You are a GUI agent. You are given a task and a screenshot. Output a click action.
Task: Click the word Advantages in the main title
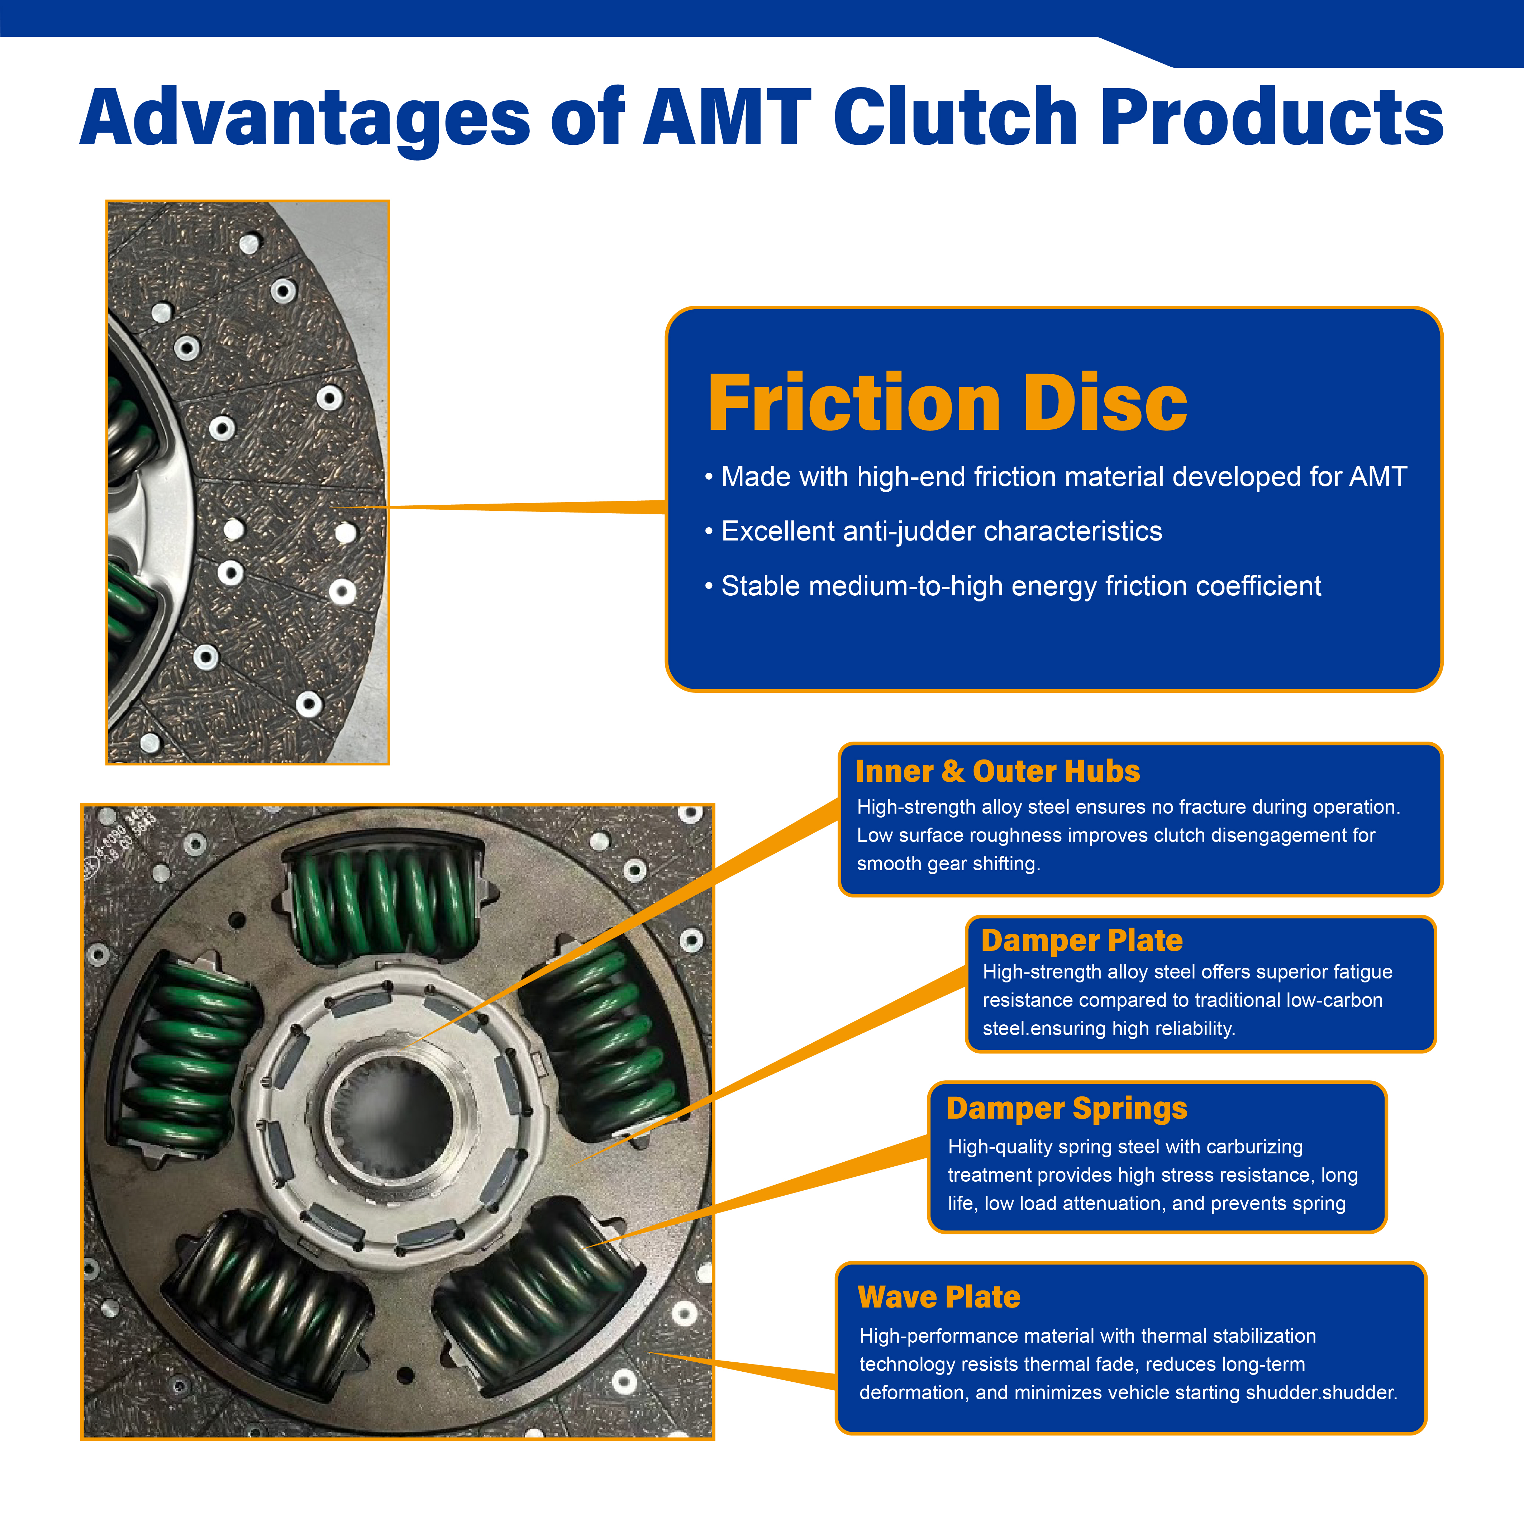[305, 118]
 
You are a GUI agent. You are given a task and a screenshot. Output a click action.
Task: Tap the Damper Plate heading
[1081, 940]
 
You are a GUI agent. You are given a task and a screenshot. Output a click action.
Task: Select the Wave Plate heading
[939, 1297]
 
